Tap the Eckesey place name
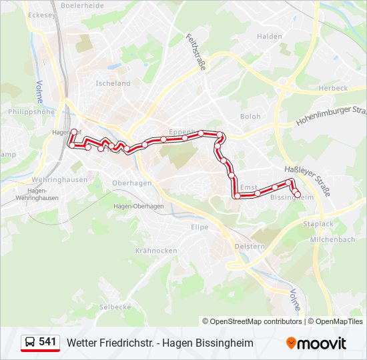pos(41,14)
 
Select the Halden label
pos(270,37)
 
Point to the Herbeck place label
pos(333,88)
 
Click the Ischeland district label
pos(113,83)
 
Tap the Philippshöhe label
pos(31,112)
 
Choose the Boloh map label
pos(250,116)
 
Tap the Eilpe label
pos(200,227)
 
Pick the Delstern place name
pos(250,246)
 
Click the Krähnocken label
pos(156,251)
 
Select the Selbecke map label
pos(115,307)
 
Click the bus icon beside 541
pos(30,343)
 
